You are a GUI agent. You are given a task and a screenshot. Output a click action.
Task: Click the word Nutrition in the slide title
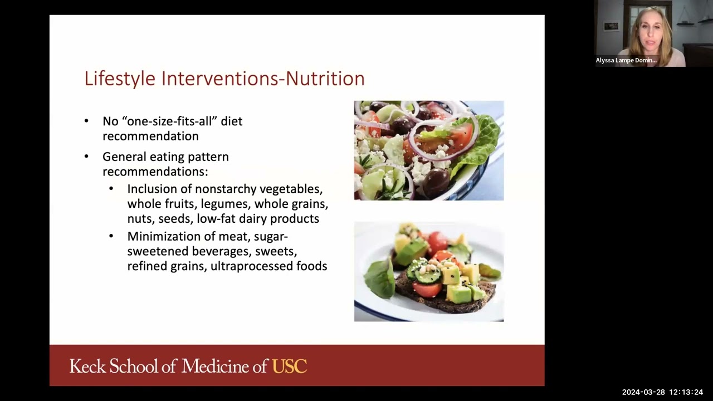(325, 79)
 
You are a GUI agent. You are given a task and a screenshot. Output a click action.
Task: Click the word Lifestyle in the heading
(120, 79)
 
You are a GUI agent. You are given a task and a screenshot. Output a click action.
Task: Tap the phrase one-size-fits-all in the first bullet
(168, 121)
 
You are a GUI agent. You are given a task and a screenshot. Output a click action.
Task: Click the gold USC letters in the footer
(289, 366)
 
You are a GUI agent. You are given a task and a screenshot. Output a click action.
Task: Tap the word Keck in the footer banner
(87, 366)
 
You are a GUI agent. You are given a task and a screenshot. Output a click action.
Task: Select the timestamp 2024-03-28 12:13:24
(662, 392)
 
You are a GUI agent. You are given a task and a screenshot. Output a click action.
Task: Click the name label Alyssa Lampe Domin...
(626, 60)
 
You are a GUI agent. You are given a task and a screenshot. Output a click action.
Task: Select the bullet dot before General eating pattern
(86, 157)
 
